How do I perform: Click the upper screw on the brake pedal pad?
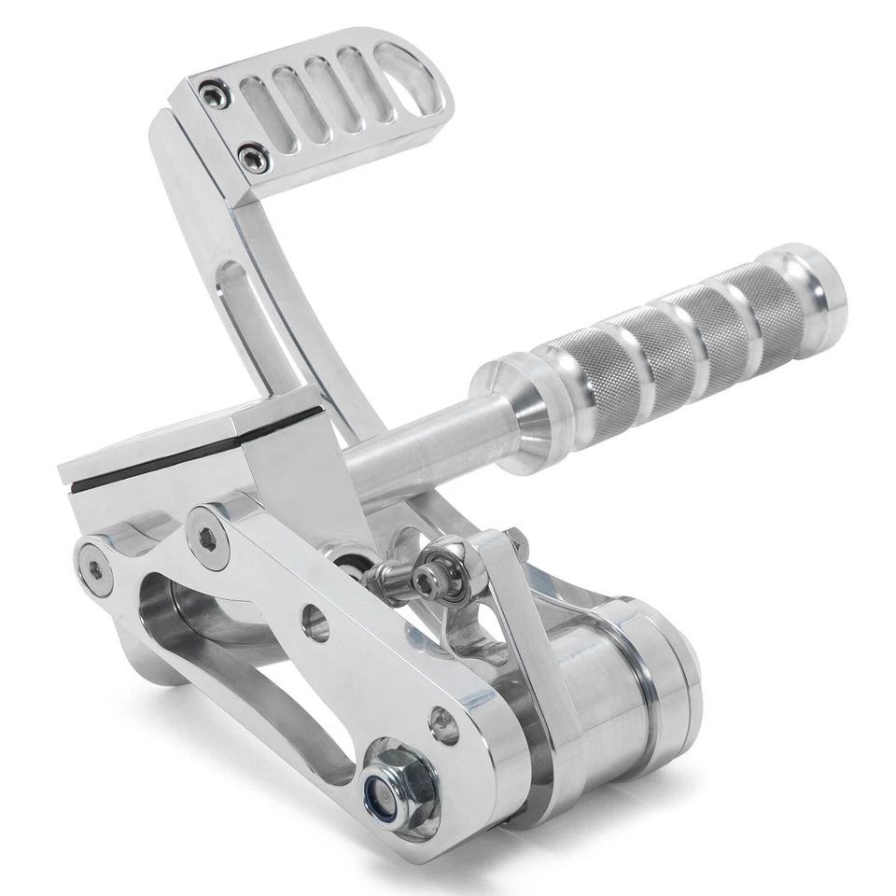pos(216,94)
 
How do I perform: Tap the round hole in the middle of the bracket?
pos(315,623)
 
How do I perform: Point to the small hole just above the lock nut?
pos(444,724)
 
